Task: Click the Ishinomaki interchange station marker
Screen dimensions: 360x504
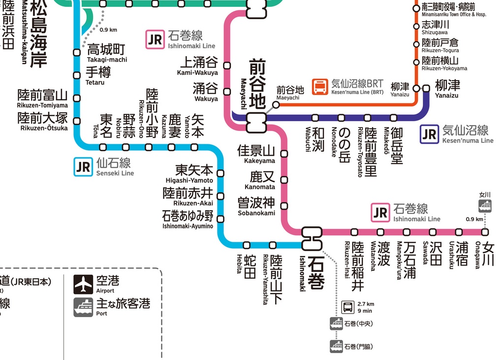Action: pyautogui.click(x=312, y=238)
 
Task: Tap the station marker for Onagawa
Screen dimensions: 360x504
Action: pyautogui.click(x=485, y=232)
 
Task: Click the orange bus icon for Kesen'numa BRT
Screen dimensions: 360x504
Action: pyautogui.click(x=320, y=87)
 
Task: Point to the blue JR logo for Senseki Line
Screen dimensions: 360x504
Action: pyautogui.click(x=83, y=166)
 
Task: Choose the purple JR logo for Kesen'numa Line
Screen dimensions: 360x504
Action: pyautogui.click(x=429, y=134)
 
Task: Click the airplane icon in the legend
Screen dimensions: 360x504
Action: pyautogui.click(x=84, y=284)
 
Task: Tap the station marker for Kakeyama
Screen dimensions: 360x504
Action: pyautogui.click(x=284, y=154)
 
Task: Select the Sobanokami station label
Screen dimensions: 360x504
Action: pyautogui.click(x=256, y=206)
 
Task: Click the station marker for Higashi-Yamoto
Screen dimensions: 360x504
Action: pyautogui.click(x=220, y=173)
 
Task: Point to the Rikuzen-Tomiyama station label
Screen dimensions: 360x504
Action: pyautogui.click(x=42, y=98)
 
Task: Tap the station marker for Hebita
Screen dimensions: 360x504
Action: pyautogui.click(x=247, y=245)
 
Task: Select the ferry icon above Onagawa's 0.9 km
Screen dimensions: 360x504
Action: pyautogui.click(x=485, y=206)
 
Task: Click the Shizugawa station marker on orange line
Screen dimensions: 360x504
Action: pyautogui.click(x=416, y=26)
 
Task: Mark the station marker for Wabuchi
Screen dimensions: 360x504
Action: pyautogui.click(x=315, y=118)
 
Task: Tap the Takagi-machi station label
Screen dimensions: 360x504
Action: pyautogui.click(x=106, y=53)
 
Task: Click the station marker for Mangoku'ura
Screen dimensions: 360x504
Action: pyautogui.click(x=407, y=232)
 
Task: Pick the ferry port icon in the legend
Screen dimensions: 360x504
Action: pyautogui.click(x=84, y=307)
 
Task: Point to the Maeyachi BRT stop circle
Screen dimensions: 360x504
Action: pyautogui.click(x=276, y=104)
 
